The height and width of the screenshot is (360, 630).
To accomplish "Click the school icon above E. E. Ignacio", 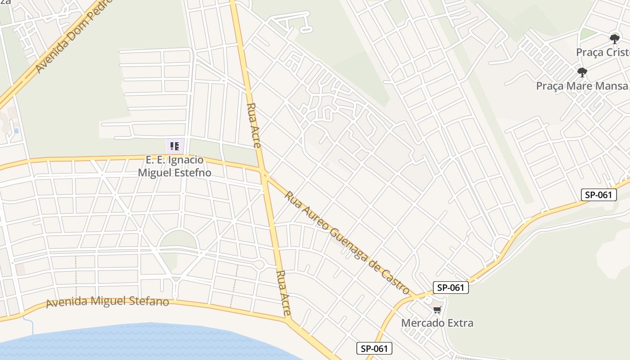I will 175,146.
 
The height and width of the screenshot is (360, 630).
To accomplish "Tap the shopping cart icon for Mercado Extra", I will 437,310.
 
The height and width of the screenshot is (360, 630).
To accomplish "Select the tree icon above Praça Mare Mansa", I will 582,72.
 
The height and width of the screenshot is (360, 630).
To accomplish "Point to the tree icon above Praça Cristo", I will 614,39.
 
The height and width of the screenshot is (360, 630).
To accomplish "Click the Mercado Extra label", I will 437,323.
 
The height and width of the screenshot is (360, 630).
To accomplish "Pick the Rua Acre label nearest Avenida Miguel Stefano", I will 284,292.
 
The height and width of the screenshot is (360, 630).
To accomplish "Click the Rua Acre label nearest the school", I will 253,126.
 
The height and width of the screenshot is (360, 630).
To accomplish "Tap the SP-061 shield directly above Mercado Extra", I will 451,288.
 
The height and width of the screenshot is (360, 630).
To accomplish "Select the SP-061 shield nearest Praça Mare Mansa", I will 598,195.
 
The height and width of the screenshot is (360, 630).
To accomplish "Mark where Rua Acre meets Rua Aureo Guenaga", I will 264,173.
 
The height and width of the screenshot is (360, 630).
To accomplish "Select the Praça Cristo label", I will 603,52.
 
